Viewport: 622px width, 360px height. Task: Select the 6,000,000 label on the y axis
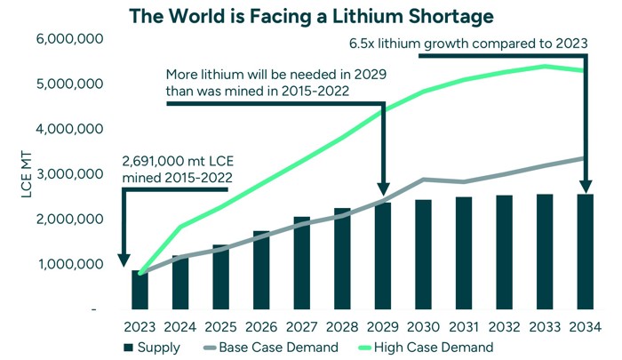coord(68,39)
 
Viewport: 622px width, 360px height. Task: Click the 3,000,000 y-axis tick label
coord(68,174)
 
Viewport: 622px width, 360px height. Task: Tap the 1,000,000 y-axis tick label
coord(68,264)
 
